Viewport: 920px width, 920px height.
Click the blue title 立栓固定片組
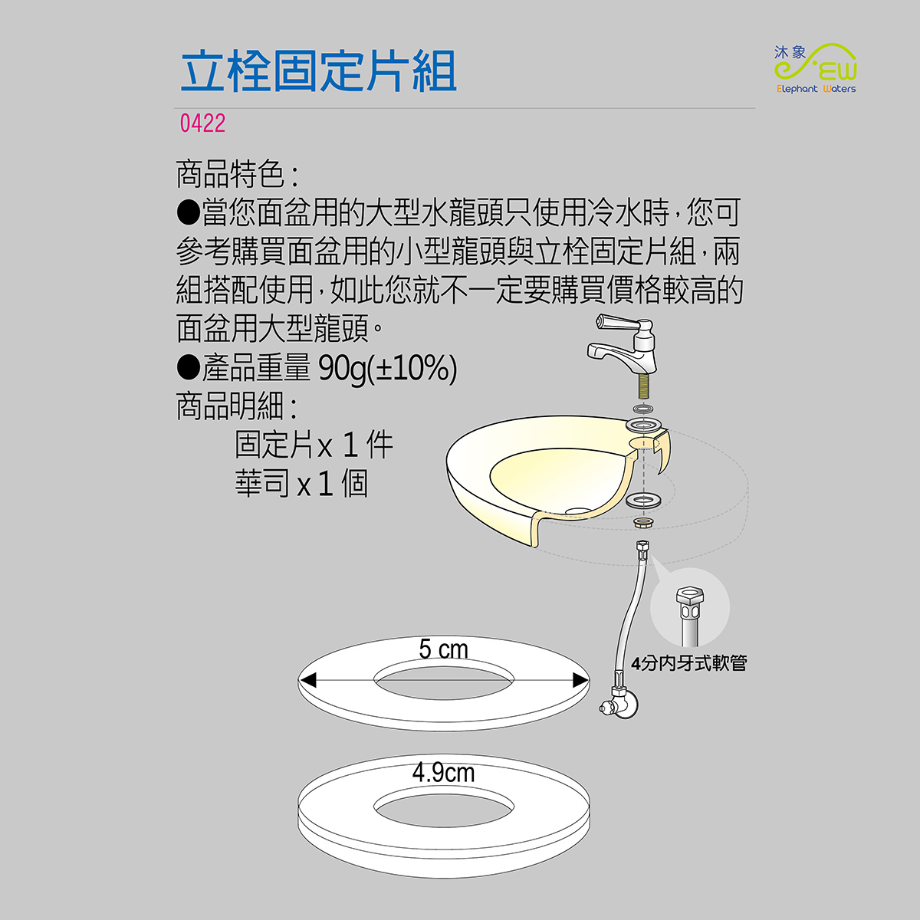[x=318, y=71]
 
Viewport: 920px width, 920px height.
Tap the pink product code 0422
[x=202, y=123]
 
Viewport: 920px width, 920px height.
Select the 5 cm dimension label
[x=443, y=649]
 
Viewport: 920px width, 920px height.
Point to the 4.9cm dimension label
[x=444, y=773]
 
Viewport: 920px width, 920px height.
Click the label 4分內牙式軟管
[x=688, y=662]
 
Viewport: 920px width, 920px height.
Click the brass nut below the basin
[x=643, y=522]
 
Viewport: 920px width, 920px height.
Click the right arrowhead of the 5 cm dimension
[x=580, y=680]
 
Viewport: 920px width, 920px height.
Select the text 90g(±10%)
[x=388, y=369]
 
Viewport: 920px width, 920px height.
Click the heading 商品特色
[x=237, y=174]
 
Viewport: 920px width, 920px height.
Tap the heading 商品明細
[x=237, y=406]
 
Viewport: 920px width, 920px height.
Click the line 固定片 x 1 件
[x=314, y=445]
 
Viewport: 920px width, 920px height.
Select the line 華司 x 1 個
[x=301, y=483]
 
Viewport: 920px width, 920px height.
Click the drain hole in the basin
[x=577, y=511]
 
